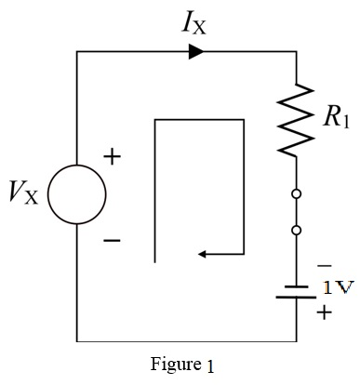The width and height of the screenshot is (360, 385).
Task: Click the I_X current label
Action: [193, 21]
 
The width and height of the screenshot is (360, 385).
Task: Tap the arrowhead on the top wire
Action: [196, 52]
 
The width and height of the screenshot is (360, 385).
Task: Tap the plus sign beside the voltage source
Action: [112, 157]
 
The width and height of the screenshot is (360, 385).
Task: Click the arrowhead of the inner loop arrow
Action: [207, 252]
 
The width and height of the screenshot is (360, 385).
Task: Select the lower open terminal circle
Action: [297, 230]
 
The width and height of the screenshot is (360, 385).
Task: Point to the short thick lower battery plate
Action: [297, 299]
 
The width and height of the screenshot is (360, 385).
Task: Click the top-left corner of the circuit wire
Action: [76, 52]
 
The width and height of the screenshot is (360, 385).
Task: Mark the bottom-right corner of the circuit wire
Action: [297, 341]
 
